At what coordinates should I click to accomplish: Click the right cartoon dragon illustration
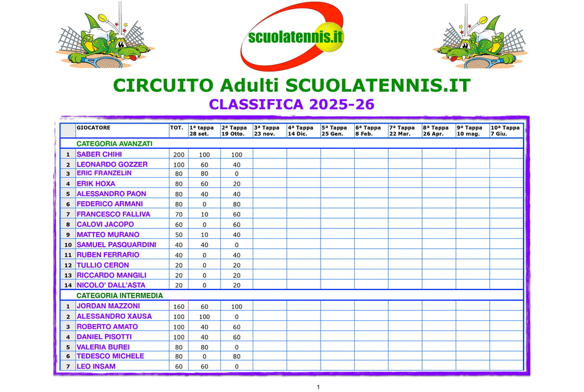tap(480, 39)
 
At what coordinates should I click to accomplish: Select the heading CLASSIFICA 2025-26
tap(291, 104)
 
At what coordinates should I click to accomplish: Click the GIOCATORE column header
tap(94, 128)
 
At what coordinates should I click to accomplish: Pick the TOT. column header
tap(177, 128)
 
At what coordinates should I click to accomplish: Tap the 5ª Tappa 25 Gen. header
tap(334, 131)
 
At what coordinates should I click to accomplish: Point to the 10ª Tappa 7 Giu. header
tap(505, 131)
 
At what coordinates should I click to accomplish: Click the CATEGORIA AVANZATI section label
tap(114, 144)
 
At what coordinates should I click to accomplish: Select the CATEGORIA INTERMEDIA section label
tap(120, 296)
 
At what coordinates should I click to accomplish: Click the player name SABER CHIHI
tap(99, 154)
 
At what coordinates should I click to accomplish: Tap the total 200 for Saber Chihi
tap(179, 155)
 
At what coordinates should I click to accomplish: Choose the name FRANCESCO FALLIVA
tap(113, 214)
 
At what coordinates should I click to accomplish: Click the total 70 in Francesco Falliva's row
tap(179, 215)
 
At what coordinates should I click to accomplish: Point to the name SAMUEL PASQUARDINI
tap(116, 245)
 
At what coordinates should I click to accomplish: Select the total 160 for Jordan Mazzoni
tap(179, 307)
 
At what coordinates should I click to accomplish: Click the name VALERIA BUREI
tap(103, 347)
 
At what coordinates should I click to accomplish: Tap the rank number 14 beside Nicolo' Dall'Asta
tap(68, 285)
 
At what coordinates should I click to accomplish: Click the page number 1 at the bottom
tap(318, 387)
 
